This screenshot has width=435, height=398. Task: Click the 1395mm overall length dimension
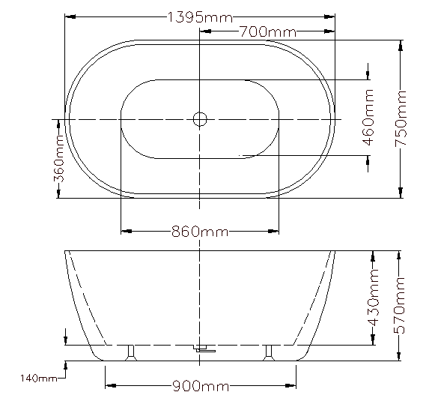tap(201, 17)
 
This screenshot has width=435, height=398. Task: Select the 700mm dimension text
tap(268, 31)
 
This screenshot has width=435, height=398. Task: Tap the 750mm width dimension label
tap(401, 118)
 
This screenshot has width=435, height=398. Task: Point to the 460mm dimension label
tap(368, 117)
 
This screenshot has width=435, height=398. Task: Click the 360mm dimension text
tap(59, 159)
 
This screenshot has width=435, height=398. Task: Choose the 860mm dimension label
tap(200, 232)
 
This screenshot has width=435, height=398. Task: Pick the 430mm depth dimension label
tap(374, 298)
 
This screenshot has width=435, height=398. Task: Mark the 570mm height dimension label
tap(400, 305)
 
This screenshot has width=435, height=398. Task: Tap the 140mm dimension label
tap(39, 378)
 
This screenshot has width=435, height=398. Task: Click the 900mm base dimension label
tap(201, 386)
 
